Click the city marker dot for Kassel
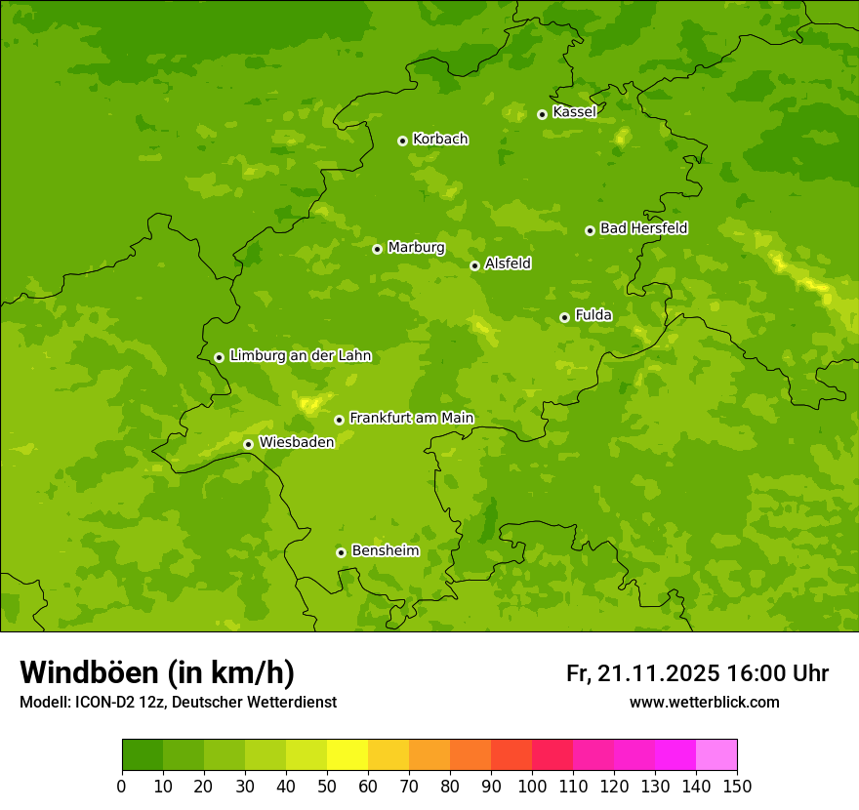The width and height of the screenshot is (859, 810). coord(542,114)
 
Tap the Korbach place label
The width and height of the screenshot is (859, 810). coord(440,140)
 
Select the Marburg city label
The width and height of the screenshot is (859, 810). coord(416,248)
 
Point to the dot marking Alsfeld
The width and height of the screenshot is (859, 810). coord(474,265)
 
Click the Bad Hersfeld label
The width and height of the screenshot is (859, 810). coord(643,228)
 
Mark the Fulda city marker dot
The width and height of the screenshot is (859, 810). coord(564,317)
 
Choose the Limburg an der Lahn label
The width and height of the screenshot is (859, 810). coord(300,356)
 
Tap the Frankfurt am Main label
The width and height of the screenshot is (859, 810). coord(411,419)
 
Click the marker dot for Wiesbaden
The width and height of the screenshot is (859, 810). coord(248,444)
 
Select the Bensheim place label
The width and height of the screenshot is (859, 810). coord(385,551)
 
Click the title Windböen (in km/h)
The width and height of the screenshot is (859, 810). coord(157,672)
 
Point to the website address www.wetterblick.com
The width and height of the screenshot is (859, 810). coord(704,702)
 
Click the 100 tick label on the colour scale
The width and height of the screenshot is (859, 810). coord(532,787)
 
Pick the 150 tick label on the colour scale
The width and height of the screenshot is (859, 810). coord(737,787)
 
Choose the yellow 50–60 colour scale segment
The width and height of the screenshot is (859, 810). coord(348,755)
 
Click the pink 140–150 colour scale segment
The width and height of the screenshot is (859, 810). coord(716,755)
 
